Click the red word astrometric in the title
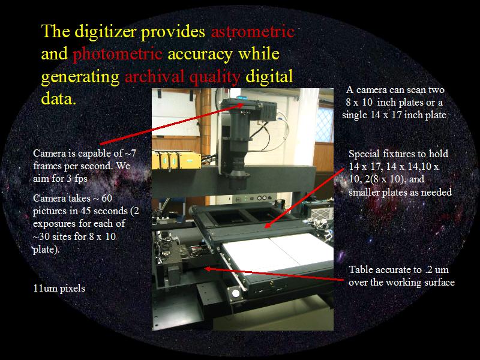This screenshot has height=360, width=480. (x=253, y=32)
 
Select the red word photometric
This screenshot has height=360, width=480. (x=117, y=55)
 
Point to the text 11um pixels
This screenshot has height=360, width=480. (x=59, y=289)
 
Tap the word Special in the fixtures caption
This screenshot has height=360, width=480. (x=364, y=154)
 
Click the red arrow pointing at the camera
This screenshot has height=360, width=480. (x=172, y=124)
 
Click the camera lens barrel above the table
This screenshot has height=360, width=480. (x=239, y=144)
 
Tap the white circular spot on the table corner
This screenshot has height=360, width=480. (x=236, y=293)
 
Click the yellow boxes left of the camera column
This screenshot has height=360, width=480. (x=176, y=160)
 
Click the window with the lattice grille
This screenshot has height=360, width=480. (x=324, y=125)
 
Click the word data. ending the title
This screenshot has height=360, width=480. (x=58, y=99)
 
